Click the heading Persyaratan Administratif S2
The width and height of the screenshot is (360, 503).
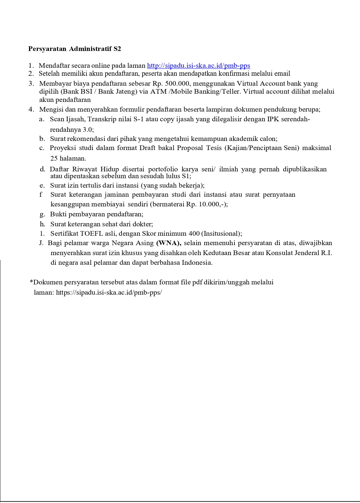coord(75,49)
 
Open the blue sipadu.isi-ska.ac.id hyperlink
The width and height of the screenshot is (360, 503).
coord(198,66)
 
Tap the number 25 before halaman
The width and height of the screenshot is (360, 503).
coord(54,158)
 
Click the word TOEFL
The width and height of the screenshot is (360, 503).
coord(90,233)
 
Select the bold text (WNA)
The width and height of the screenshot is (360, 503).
coord(169,243)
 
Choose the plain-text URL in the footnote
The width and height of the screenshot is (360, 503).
coord(109,292)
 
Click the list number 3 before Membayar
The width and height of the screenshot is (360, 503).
coord(31,84)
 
